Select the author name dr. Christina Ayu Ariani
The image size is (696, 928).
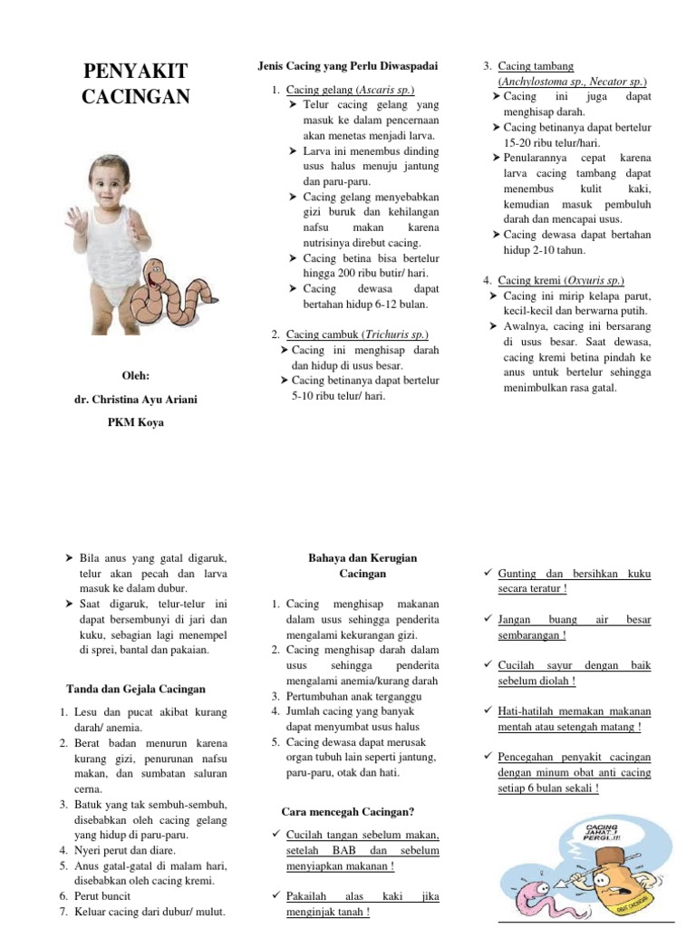click(135, 399)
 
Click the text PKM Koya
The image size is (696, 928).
click(136, 422)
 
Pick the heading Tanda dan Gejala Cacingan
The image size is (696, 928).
click(136, 689)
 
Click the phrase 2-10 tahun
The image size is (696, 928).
click(556, 250)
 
